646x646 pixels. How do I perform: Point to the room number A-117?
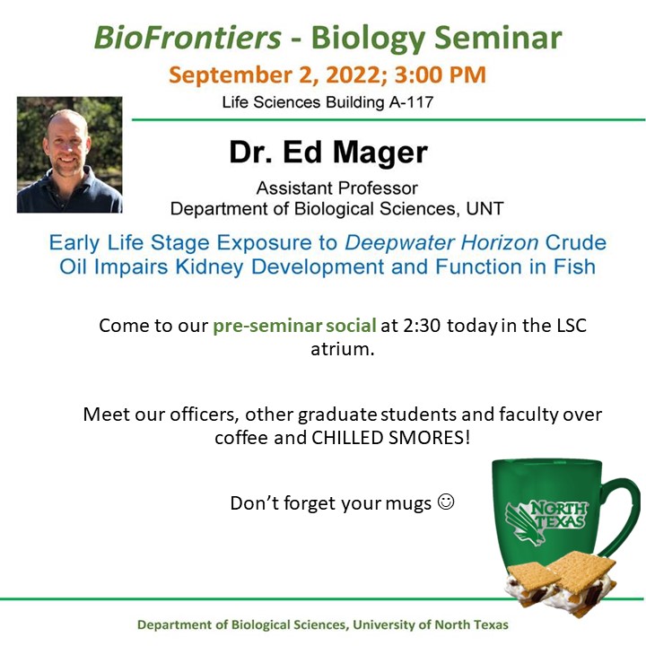tap(409, 102)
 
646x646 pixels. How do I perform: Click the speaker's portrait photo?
tap(69, 154)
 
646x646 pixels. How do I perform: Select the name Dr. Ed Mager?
tap(327, 153)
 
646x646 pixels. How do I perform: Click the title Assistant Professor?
tap(336, 188)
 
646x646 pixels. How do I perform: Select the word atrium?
tap(341, 349)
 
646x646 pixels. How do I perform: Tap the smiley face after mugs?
tap(445, 502)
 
